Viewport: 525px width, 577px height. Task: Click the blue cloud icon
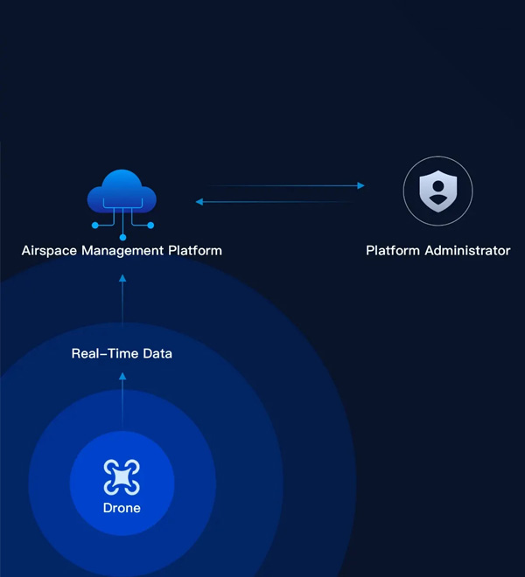(x=122, y=191)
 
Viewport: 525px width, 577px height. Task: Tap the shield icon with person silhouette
(x=438, y=191)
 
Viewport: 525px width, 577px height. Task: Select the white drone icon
(x=122, y=477)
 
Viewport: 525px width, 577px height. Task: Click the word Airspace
(x=49, y=251)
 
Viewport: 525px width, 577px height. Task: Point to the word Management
(x=122, y=251)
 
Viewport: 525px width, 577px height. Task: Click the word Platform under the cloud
(x=195, y=251)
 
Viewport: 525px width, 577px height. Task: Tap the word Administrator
(x=467, y=251)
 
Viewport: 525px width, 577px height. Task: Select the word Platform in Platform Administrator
(x=393, y=251)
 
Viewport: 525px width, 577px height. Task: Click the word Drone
(x=122, y=508)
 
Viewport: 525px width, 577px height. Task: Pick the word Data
(x=157, y=354)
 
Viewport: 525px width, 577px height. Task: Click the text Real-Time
(x=105, y=354)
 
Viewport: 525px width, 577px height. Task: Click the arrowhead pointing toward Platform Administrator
(x=361, y=185)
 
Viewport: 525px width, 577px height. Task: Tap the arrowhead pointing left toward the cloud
(x=199, y=202)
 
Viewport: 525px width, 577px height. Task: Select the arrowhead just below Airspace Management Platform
(x=122, y=278)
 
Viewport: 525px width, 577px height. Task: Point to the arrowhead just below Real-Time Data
(x=122, y=376)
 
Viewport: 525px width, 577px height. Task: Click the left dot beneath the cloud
(x=95, y=226)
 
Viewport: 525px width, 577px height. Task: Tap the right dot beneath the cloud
(x=150, y=226)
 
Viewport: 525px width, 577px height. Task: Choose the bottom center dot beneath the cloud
(x=123, y=237)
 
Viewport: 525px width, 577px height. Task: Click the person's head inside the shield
(x=438, y=186)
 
